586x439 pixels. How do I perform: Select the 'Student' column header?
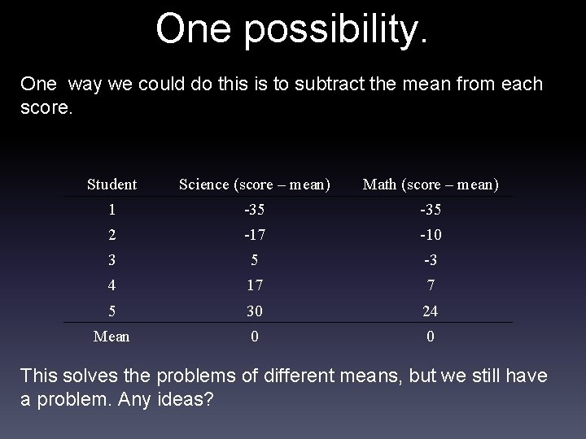(x=112, y=185)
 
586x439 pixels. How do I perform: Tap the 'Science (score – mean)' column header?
(x=255, y=185)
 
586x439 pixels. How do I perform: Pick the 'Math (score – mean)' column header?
(x=431, y=185)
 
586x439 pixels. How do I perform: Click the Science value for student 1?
(x=255, y=210)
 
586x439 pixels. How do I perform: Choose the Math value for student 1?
(x=431, y=210)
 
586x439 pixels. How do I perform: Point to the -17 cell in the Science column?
(x=255, y=235)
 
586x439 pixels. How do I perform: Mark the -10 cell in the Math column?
(x=431, y=235)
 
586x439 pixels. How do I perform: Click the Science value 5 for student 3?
(x=255, y=260)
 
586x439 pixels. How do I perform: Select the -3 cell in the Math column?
(x=431, y=260)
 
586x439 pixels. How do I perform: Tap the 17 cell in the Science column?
(x=255, y=285)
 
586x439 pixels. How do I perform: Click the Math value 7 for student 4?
(x=431, y=285)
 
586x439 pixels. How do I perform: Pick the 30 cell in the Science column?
(x=255, y=311)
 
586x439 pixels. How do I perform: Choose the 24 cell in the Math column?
(x=431, y=311)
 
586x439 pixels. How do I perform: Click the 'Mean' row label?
(x=112, y=336)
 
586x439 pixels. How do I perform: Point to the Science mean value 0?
(x=255, y=336)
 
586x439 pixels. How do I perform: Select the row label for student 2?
(x=112, y=235)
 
